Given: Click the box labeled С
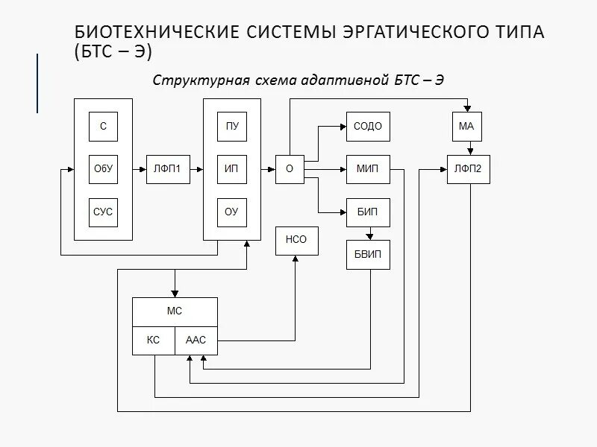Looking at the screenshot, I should tap(103, 126).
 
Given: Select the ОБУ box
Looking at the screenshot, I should tap(103, 169).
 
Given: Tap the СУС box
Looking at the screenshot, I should tap(103, 212).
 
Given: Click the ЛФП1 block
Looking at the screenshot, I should tap(168, 169).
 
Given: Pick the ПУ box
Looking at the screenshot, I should tap(232, 126).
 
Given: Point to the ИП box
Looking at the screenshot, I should tap(232, 169).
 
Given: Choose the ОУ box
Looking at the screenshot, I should tap(232, 212).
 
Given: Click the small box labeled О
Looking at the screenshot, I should tap(290, 169).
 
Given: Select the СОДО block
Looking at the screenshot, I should tap(368, 126).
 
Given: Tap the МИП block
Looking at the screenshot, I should tap(368, 169).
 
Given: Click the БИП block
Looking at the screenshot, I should tap(368, 212).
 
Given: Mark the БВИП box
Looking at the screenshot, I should tap(368, 255).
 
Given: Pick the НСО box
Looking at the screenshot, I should tap(296, 241).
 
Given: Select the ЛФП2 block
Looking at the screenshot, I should tap(468, 169).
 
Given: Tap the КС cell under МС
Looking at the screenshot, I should tap(153, 340).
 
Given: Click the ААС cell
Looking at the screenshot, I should tap(196, 340).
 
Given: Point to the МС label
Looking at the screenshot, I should tap(175, 311).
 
